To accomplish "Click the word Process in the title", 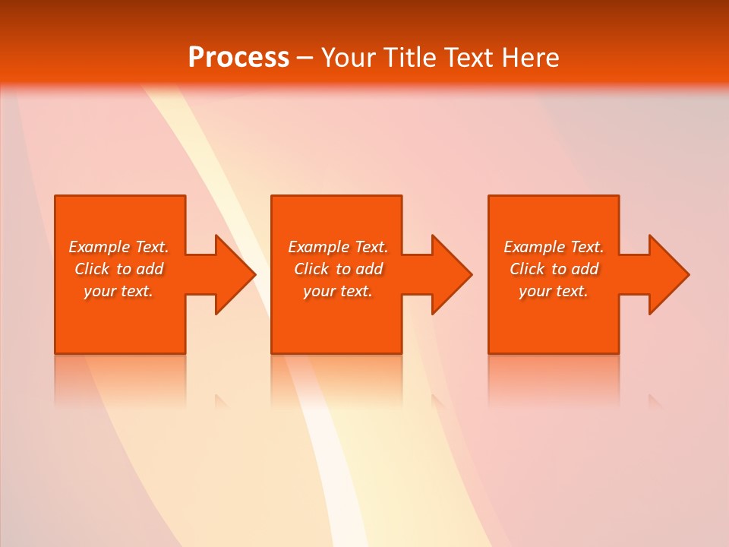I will pos(238,58).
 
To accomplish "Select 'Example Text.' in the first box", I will pos(118,247).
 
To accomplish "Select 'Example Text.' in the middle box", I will pos(338,247).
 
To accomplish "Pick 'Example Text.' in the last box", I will pos(554,247).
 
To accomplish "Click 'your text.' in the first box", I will pos(118,291).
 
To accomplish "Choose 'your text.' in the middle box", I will pos(338,291).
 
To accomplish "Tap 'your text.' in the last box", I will pos(554,291).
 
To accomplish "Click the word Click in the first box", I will pos(92,269).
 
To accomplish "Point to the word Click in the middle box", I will pos(311,269).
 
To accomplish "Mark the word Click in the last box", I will pos(527,269).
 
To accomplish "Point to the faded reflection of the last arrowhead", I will pos(655,400).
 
